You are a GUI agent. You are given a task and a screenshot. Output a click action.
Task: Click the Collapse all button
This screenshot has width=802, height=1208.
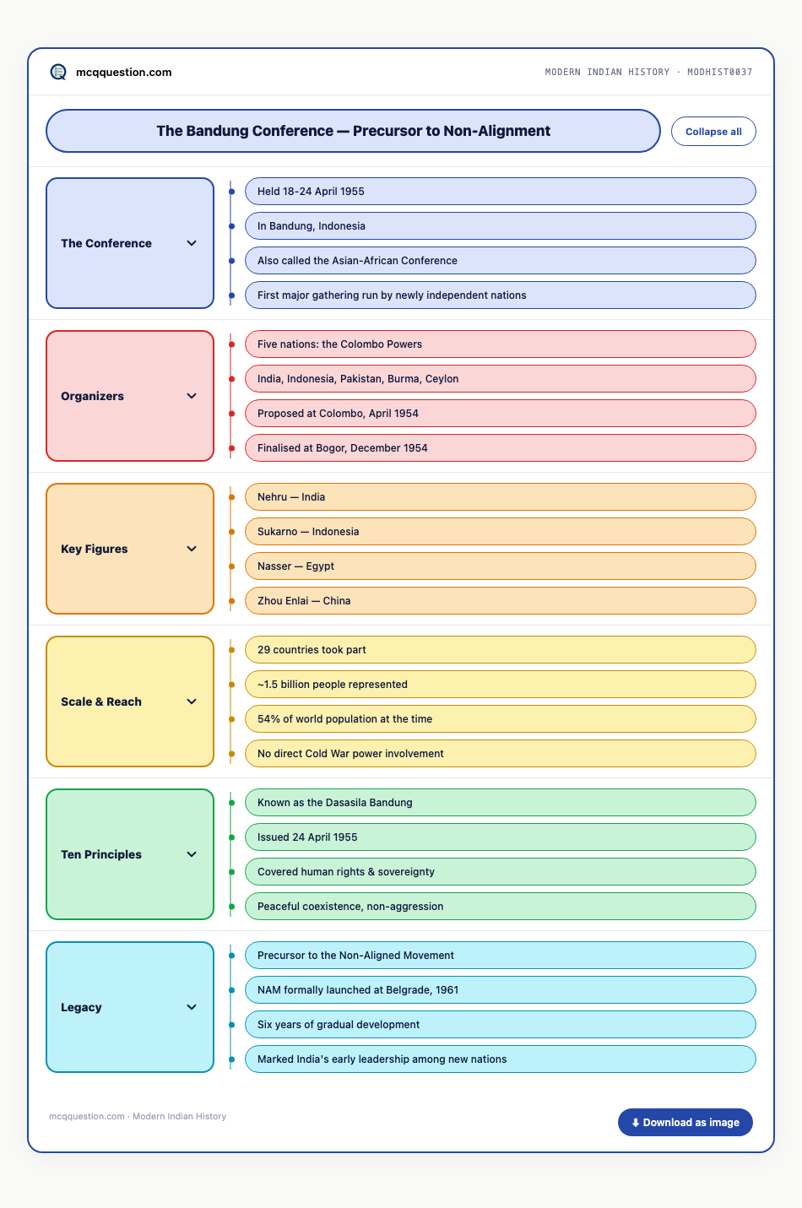click(713, 131)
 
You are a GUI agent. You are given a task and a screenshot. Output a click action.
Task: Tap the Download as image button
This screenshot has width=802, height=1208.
click(685, 1122)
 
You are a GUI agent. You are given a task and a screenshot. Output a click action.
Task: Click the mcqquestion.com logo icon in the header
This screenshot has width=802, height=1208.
click(58, 72)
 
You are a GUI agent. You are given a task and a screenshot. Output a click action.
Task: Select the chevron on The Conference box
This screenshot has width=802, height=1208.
click(192, 243)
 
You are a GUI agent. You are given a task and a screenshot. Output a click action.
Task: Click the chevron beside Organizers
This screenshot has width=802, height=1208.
click(192, 396)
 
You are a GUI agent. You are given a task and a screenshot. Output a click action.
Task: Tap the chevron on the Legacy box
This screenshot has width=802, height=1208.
click(192, 1007)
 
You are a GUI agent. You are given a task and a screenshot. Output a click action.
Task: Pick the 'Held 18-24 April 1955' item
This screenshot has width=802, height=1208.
click(500, 192)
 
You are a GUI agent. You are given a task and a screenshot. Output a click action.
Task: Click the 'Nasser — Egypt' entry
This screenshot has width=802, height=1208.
click(500, 566)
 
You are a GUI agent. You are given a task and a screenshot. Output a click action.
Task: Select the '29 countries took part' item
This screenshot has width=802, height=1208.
click(500, 650)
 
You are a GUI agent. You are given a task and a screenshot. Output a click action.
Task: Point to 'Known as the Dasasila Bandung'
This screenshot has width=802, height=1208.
click(500, 803)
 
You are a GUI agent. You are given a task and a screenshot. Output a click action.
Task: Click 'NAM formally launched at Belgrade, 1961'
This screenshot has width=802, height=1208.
click(500, 989)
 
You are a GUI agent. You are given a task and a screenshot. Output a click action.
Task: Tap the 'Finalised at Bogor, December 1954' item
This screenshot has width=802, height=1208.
click(500, 448)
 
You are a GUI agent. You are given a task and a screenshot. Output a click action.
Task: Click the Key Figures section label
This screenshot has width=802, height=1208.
click(95, 549)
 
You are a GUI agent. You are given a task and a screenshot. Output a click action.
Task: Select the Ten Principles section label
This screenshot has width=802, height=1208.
click(101, 854)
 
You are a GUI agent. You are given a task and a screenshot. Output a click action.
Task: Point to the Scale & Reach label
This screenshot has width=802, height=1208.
click(101, 702)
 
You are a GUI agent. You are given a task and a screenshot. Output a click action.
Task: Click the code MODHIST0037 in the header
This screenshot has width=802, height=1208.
click(719, 72)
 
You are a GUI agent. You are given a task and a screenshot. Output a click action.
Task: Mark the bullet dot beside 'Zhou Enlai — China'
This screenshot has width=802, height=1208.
click(232, 601)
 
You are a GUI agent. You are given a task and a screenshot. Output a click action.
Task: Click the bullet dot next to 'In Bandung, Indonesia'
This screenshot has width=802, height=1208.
click(232, 226)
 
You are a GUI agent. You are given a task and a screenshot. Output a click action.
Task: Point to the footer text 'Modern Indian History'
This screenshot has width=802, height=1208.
click(180, 1116)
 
